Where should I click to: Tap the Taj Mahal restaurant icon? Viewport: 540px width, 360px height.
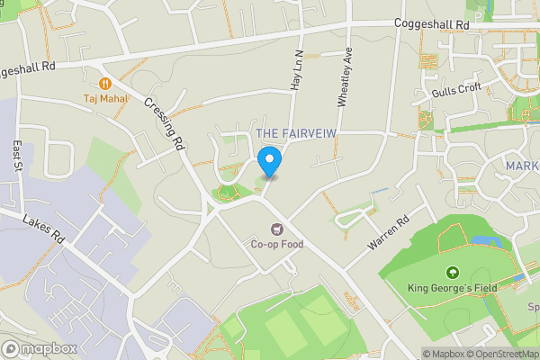click(104, 83)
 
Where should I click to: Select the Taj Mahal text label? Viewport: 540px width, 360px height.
click(104, 99)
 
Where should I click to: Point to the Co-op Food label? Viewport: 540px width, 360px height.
click(278, 243)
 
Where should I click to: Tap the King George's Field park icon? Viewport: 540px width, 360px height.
click(452, 273)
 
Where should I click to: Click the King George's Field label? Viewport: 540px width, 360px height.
click(452, 289)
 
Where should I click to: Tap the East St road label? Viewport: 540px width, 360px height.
click(19, 158)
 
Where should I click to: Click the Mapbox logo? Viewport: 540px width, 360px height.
click(39, 348)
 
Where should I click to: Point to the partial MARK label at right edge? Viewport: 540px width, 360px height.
click(521, 166)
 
